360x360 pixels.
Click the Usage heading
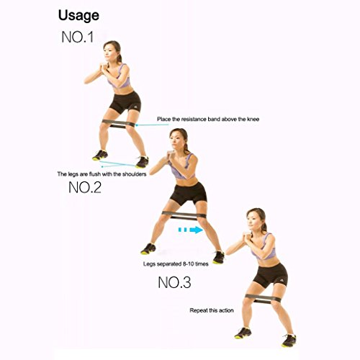tap(78, 16)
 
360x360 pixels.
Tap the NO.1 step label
tap(77, 37)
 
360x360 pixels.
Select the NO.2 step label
tap(85, 187)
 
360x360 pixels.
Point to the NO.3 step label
tap(174, 282)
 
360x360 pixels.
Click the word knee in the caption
tap(252, 119)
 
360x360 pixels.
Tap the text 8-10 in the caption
tap(188, 264)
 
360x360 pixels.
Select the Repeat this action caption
tap(212, 310)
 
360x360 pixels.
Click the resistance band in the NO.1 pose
tap(118, 123)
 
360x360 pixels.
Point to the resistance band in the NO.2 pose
tap(184, 215)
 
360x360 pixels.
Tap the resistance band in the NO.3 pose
tap(263, 298)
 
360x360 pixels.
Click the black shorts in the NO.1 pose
tap(125, 102)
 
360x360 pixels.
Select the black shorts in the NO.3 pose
tap(271, 275)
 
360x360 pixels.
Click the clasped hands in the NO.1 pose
tap(104, 66)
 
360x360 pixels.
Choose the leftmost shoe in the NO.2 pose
tap(148, 249)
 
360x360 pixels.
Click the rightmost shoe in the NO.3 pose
tap(289, 341)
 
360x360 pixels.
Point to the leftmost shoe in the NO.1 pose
tap(100, 156)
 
